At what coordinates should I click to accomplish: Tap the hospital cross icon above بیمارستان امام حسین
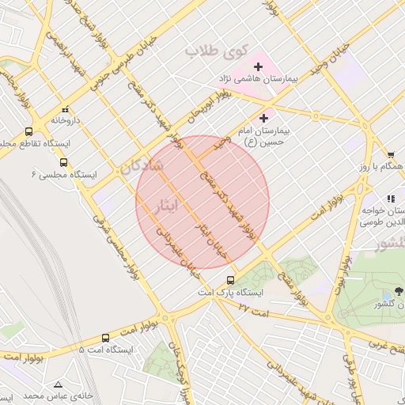(263, 117)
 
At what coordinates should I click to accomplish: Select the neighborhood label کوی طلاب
(212, 51)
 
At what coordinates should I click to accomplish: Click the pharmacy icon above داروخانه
(65, 109)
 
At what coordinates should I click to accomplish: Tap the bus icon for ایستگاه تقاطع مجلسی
(29, 132)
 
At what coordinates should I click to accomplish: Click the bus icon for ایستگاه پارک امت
(230, 279)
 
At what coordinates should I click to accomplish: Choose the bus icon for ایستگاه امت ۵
(106, 338)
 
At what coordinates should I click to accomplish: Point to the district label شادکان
(142, 167)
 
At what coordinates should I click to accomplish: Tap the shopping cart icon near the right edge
(391, 154)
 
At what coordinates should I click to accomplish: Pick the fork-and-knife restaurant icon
(390, 199)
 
